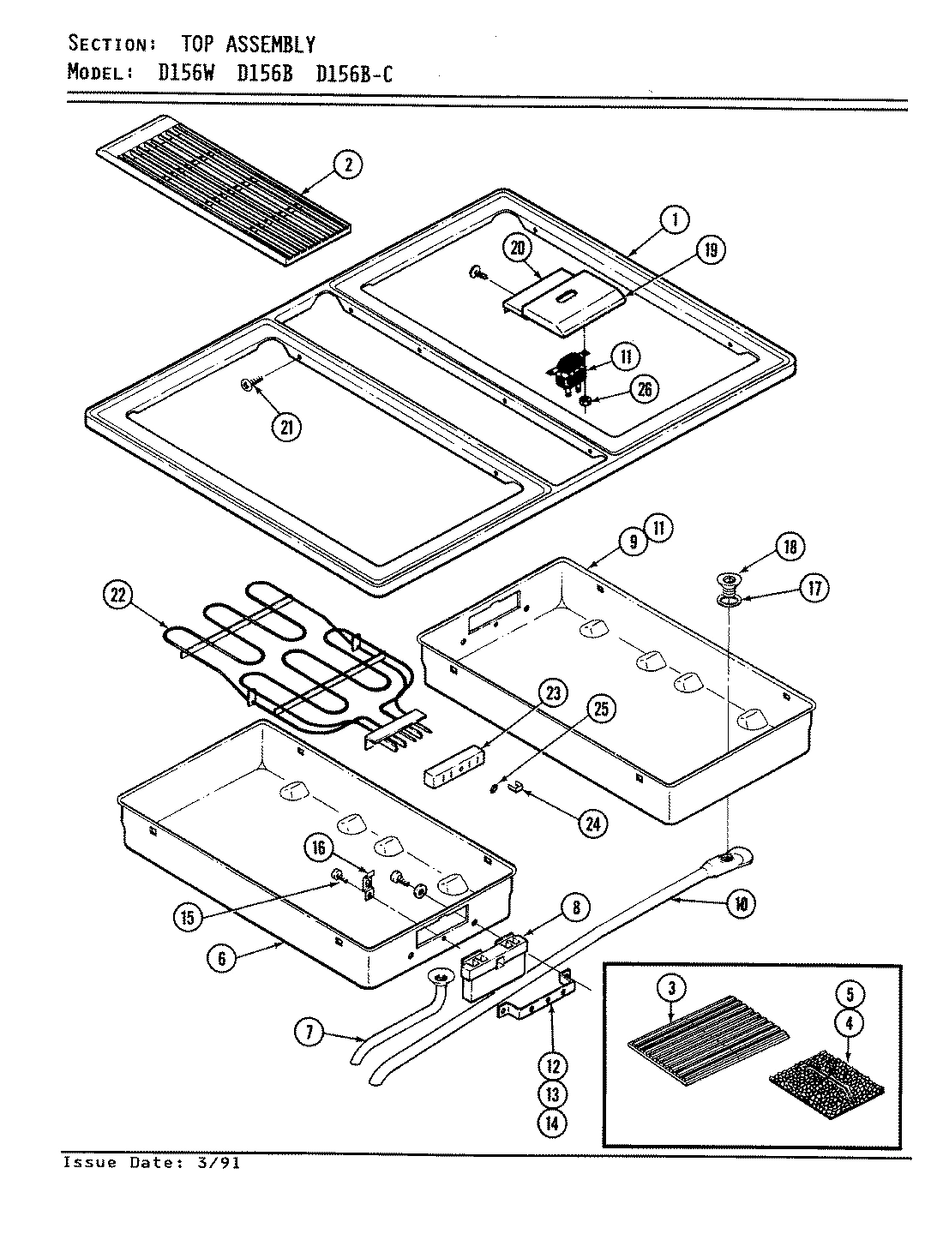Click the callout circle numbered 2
[x=347, y=165]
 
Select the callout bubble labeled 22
[x=118, y=596]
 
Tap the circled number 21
[x=285, y=426]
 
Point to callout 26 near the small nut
[x=644, y=389]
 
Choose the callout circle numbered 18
[x=790, y=546]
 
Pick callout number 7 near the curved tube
[x=310, y=1033]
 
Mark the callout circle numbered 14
[x=553, y=1123]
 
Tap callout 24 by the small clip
[x=592, y=823]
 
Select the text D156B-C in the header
[x=355, y=74]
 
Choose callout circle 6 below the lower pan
[x=221, y=958]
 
